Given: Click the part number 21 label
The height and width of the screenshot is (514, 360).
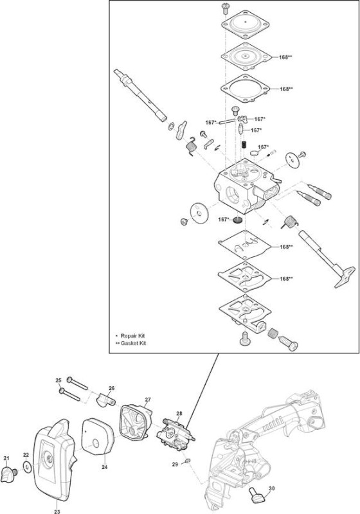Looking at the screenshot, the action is click(x=6, y=458).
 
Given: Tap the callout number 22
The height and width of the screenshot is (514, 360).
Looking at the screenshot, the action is click(x=26, y=455).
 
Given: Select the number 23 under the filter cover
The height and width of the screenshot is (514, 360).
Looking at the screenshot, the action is click(x=57, y=511).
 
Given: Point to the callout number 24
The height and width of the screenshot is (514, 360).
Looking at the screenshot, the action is click(x=104, y=467).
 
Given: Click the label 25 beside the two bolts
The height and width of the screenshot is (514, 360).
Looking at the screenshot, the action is click(x=59, y=380).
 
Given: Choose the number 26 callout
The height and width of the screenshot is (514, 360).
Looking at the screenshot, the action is click(x=111, y=388).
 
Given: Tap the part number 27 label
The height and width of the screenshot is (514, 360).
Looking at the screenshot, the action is click(x=148, y=400).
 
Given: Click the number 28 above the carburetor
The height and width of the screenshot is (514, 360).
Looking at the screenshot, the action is click(x=179, y=413).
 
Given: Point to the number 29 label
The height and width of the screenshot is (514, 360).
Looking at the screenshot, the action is click(x=175, y=464).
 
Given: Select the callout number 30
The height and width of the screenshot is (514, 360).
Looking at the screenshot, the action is click(x=271, y=488).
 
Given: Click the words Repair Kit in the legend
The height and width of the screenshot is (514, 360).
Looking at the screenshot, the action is click(x=132, y=335).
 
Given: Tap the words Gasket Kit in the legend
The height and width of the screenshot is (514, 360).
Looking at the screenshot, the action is click(x=134, y=343).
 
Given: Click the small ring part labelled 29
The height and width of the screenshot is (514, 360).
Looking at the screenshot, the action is click(x=187, y=461).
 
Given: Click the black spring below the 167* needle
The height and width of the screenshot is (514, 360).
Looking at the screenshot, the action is click(x=244, y=144).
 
